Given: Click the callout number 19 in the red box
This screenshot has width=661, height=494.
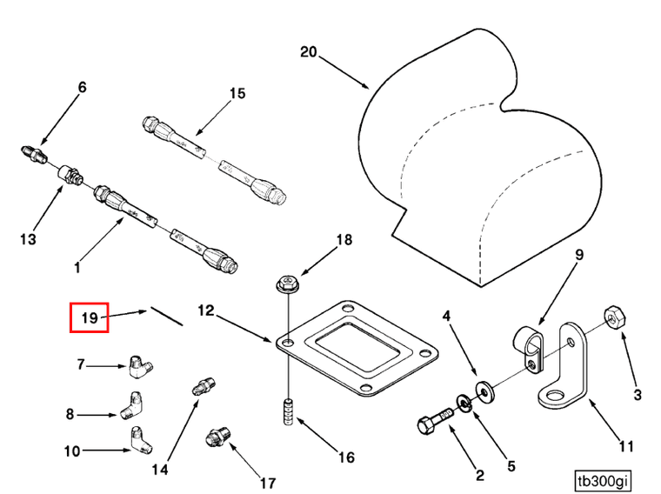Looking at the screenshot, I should point(89,318).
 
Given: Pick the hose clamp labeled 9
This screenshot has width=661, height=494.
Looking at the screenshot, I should point(529,344).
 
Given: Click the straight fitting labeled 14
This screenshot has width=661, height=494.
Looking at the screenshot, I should point(203,386).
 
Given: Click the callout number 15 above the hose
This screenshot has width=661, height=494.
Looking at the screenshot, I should point(238,94).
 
